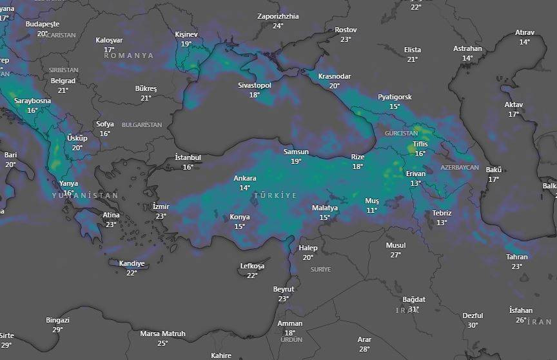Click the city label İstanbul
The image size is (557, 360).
188,157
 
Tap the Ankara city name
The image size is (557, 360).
245,178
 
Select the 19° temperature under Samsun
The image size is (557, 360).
296,161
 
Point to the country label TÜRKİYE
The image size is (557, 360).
275,195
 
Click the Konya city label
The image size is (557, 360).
240,217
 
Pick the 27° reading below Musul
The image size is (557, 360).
396,255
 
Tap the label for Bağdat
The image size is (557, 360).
414,299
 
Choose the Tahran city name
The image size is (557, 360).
517,257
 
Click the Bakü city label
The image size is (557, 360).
493,170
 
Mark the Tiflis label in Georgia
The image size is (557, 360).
420,144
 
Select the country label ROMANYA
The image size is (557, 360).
129,56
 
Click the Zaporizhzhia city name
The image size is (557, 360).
278,16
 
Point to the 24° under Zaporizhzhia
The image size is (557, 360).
278,26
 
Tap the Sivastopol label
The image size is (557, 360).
255,85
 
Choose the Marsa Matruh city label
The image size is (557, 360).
162,334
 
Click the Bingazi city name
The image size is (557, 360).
57,320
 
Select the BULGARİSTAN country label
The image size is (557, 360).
142,125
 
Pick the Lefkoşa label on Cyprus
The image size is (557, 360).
252,266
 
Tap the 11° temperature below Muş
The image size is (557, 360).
372,210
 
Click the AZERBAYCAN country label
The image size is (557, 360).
460,167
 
